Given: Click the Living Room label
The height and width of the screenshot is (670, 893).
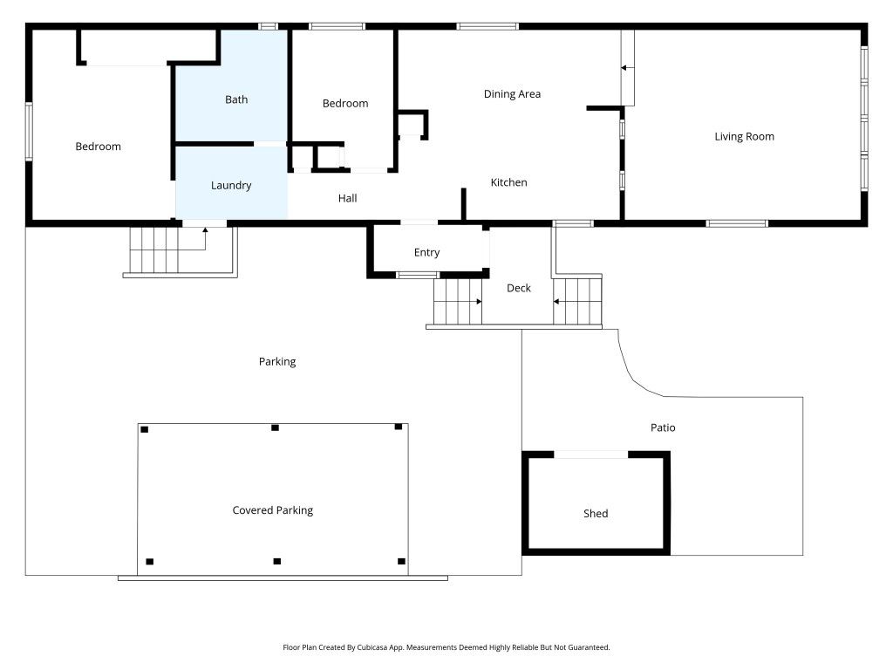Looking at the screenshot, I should pos(744,136).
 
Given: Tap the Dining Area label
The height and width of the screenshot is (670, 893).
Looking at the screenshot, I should pos(512,94).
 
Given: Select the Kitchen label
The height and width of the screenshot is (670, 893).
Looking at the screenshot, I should pos(508,182).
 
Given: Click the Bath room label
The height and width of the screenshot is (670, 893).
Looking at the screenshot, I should pos(236,99).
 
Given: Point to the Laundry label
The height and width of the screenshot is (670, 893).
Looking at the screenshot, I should pos(231,185).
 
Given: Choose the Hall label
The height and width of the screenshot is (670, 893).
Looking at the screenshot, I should pos(347,198).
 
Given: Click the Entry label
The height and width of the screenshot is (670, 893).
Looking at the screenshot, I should pos(426,252).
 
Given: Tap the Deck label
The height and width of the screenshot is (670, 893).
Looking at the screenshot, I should pos(519,288).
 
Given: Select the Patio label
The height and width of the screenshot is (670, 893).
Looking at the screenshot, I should pos(663,427).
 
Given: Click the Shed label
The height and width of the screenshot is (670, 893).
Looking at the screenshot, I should pos(596,514).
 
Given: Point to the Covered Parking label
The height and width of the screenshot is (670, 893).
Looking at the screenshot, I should pos(272,510).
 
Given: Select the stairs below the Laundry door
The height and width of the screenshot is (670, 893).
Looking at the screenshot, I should pos(154,250).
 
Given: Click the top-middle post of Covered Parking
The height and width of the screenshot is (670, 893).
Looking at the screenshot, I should pos(275,427).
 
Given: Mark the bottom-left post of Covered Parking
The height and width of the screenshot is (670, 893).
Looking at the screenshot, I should pos(150,562).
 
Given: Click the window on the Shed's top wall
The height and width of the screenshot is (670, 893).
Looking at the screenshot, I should pos(590,455).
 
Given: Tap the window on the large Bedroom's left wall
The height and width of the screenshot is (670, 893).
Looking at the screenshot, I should pos(29,131).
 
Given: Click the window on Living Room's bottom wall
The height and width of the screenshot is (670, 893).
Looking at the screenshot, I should pos(737,223).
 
